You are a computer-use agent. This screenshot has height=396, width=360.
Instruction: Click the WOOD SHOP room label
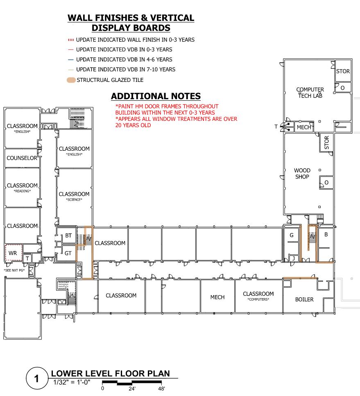pos(302,174)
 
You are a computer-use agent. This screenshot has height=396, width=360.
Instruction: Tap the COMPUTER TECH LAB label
pos(310,93)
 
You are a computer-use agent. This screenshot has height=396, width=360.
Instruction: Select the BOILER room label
pos(304,299)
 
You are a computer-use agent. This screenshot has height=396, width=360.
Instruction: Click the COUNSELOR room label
pos(22,158)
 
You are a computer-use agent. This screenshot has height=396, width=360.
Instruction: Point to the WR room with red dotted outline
pos(12,253)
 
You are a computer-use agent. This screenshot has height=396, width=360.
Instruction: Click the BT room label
pos(68,235)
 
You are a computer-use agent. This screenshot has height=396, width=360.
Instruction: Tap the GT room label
pos(68,253)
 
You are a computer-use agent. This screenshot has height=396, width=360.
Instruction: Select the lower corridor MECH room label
pos(217,297)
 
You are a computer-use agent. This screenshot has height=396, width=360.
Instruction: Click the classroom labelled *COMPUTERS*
pos(258,296)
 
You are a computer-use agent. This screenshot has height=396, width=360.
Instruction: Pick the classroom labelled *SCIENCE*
pos(74,196)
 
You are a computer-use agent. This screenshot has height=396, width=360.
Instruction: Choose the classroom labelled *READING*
pos(22,188)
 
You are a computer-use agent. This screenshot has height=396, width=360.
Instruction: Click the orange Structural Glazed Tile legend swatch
pos(71,80)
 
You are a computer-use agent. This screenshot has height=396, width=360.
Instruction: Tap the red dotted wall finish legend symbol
pos(70,40)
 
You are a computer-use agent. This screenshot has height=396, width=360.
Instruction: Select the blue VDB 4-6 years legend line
pos(70,60)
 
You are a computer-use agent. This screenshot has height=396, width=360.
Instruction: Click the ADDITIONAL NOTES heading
pos(156,96)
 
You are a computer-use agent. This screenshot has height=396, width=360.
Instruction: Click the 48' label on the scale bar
pos(161,388)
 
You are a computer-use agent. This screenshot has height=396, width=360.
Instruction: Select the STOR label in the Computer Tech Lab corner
pos(343,71)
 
